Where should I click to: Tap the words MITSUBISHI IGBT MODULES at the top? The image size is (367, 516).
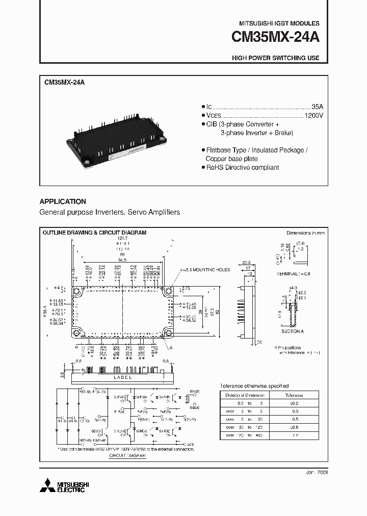point(279,23)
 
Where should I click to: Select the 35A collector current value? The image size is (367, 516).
point(317,107)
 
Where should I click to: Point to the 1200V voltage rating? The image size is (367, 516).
point(314,116)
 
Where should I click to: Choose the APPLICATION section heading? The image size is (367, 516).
point(63,201)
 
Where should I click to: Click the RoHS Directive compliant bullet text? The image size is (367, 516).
point(242,167)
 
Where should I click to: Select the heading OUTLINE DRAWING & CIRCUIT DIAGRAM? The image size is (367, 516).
point(94,233)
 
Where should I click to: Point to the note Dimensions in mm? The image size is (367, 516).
point(305,233)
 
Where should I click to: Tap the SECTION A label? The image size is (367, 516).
point(293,331)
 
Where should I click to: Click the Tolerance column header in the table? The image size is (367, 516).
point(294,395)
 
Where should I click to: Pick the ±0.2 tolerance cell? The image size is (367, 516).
point(294,403)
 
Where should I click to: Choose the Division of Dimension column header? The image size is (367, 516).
point(245,395)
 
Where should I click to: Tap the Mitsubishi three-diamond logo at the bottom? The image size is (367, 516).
point(46,485)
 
